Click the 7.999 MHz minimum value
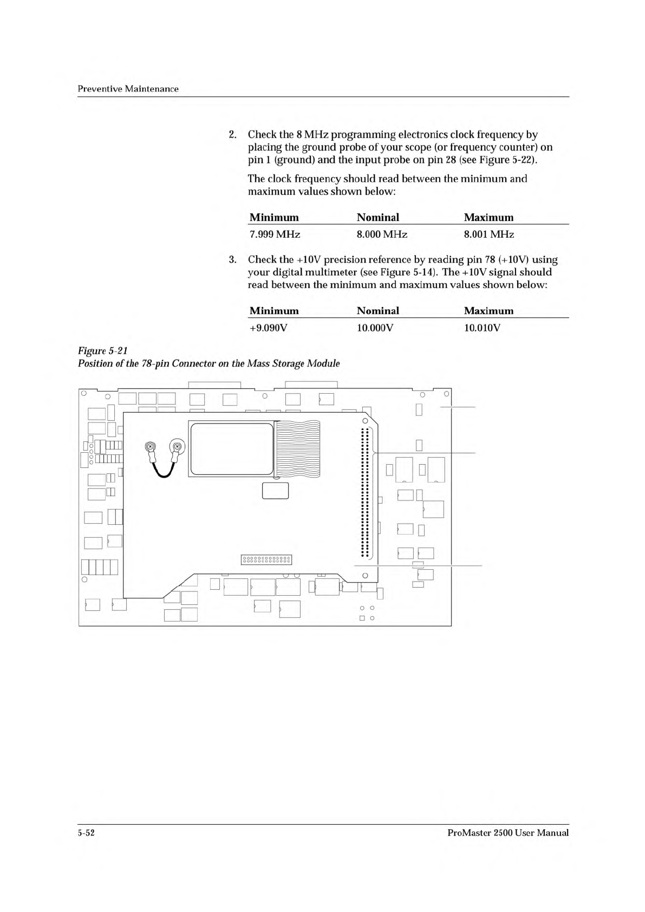[x=275, y=234]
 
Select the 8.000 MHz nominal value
[x=382, y=234]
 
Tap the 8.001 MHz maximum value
[x=489, y=234]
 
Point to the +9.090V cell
[x=268, y=328]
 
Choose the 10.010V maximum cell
[x=482, y=328]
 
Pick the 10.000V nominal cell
[x=375, y=328]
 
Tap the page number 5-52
[x=87, y=833]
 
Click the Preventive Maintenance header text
[x=128, y=88]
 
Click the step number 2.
[x=232, y=134]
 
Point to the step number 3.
[x=232, y=259]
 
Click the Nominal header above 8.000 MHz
[x=378, y=218]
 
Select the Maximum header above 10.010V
[x=488, y=311]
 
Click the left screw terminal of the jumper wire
[x=151, y=447]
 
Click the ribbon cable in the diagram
[x=298, y=450]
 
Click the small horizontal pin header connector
[x=266, y=559]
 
